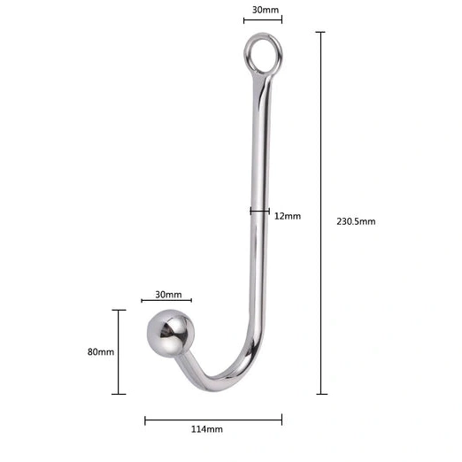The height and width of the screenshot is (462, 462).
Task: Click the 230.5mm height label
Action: tap(356, 221)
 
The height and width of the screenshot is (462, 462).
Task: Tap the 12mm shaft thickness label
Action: tap(288, 216)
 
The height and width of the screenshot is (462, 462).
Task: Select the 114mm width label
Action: tap(206, 429)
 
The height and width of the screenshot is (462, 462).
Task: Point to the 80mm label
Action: tap(101, 351)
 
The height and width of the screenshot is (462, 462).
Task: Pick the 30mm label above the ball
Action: tap(168, 295)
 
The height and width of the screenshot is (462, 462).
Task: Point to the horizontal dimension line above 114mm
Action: tap(213, 419)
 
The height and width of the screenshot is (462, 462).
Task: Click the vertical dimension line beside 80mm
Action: tap(119, 351)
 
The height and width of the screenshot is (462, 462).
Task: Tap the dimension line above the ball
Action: tap(166, 302)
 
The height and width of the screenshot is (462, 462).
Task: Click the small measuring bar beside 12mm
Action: tap(259, 211)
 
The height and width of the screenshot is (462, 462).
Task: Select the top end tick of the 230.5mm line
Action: tap(320, 33)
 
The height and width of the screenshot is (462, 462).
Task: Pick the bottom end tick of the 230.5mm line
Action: tap(320, 393)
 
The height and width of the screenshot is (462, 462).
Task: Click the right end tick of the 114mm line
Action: tap(281, 419)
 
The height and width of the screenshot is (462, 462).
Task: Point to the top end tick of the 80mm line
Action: tap(119, 310)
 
